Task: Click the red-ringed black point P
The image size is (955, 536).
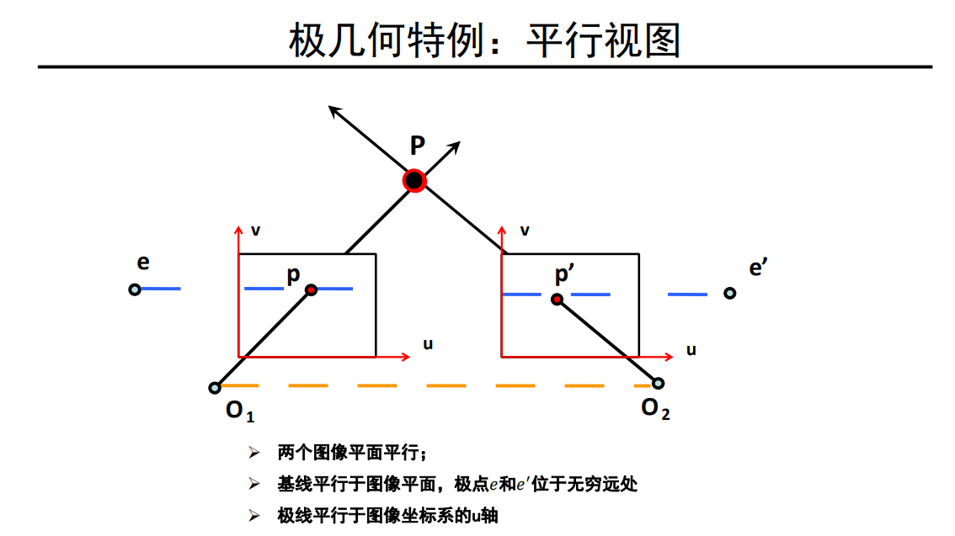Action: [414, 180]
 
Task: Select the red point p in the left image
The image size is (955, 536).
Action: [312, 289]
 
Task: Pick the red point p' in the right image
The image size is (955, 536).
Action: [557, 299]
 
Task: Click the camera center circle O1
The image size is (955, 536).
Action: [215, 388]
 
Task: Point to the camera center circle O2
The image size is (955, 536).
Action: [658, 384]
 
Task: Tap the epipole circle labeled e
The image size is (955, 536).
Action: [135, 289]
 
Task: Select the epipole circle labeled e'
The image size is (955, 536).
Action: [729, 293]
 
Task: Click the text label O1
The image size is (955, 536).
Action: [239, 411]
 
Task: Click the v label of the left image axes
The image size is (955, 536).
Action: [255, 230]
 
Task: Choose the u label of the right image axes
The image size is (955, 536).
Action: [691, 349]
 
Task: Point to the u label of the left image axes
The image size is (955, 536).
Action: [428, 344]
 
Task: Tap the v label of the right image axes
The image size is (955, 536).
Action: [525, 230]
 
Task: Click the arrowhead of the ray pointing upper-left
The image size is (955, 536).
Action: [334, 110]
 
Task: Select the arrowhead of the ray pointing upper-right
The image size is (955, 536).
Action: [455, 146]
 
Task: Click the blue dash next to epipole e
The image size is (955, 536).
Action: [161, 289]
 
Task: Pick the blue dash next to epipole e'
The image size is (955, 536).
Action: [687, 295]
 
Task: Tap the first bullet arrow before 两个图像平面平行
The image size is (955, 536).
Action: [253, 454]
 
